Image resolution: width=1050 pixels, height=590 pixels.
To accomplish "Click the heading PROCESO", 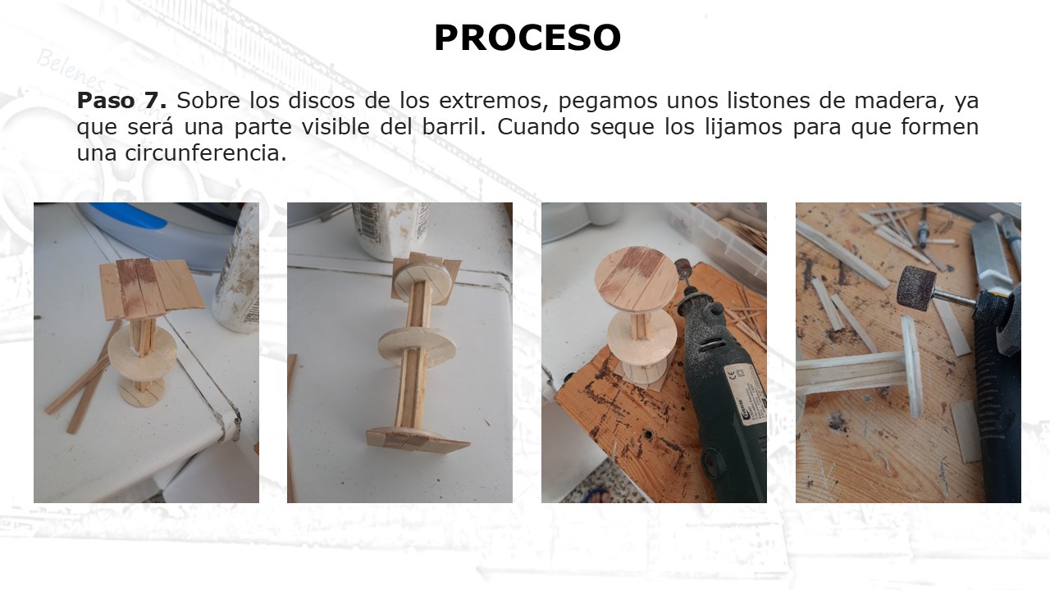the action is coord(527,38).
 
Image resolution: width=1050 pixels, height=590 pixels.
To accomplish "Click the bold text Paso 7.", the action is coord(122,100).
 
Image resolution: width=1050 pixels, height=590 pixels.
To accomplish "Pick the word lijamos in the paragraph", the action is coord(744,127).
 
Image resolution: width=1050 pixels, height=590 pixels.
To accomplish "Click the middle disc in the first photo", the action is coord(142,350).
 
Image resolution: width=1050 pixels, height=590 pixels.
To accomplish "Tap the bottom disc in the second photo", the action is coord(418,439).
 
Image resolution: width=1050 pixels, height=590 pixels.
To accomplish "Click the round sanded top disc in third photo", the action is coord(636,279).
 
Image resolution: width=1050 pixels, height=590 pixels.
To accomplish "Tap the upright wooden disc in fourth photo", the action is coord(911,366).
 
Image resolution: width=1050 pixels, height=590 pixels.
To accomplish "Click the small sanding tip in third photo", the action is coord(682,270).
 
